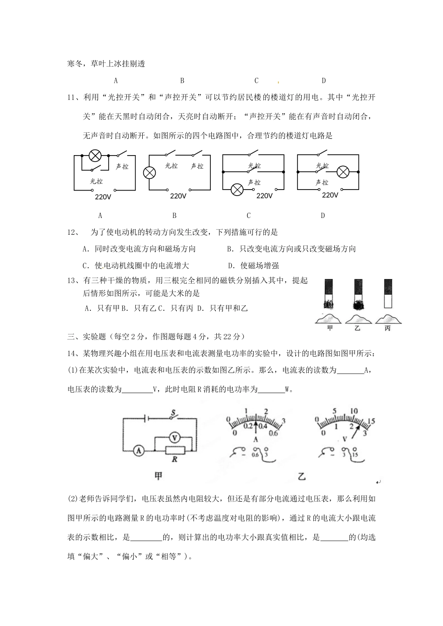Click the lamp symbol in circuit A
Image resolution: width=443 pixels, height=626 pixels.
pyautogui.click(x=95, y=155)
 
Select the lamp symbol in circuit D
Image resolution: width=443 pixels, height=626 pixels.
pyautogui.click(x=343, y=171)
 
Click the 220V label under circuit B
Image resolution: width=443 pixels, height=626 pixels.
pyautogui.click(x=178, y=196)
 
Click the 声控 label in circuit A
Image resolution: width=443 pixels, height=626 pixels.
pyautogui.click(x=122, y=166)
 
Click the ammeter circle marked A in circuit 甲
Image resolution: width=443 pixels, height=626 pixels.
pyautogui.click(x=138, y=450)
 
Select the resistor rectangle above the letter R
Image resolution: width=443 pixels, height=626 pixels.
pyautogui.click(x=175, y=449)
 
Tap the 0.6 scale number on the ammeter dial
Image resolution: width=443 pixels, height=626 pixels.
pyautogui.click(x=273, y=433)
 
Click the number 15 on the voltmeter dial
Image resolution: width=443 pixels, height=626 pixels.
pyautogui.click(x=371, y=421)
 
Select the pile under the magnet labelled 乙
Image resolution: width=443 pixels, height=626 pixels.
pyautogui.click(x=358, y=319)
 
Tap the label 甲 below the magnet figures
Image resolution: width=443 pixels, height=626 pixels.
pyautogui.click(x=330, y=328)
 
